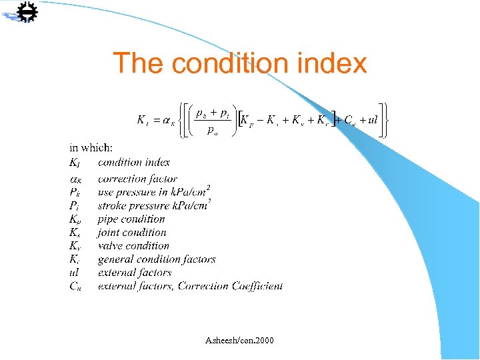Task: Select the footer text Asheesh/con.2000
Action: tap(239, 341)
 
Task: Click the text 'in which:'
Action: tap(91, 148)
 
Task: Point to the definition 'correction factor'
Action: tap(137, 179)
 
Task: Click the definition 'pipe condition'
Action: tap(131, 219)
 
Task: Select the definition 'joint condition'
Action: tap(132, 233)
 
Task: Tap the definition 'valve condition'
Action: tap(133, 246)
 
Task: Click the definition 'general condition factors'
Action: tap(157, 259)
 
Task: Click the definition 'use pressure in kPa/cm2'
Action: tap(153, 191)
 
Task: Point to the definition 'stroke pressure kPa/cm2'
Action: tap(153, 205)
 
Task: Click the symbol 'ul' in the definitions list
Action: tap(74, 273)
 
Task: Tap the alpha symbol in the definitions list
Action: tap(75, 179)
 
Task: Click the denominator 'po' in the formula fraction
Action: tap(211, 131)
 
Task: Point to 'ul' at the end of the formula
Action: tap(372, 120)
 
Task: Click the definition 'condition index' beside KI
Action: tap(134, 162)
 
